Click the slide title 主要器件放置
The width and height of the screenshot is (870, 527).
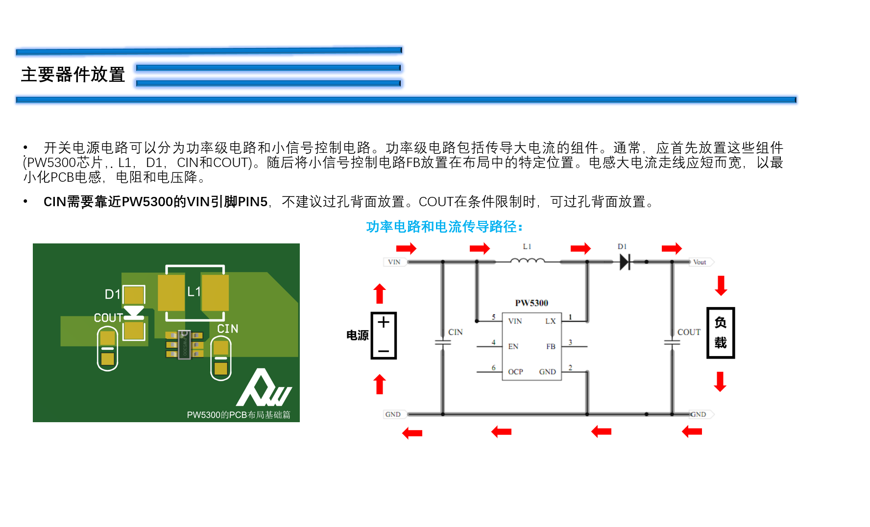coord(73,74)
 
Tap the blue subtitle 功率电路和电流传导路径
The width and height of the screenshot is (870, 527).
coord(444,227)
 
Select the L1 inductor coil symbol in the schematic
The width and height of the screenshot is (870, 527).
coord(527,261)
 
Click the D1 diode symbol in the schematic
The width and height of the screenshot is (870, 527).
coord(625,262)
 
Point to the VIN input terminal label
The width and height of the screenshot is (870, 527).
coord(394,262)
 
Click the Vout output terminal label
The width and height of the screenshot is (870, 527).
coord(700,262)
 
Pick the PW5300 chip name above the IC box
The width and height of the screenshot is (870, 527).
coord(532,303)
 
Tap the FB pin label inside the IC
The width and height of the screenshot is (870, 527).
coord(551,346)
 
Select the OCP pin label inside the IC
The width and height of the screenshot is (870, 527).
coord(515,372)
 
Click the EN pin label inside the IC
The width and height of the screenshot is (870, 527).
coord(513,346)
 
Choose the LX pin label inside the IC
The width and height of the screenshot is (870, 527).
coord(551,321)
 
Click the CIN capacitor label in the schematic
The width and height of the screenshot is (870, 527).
coord(455,332)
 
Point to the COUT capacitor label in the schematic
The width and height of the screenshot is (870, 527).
coord(689,332)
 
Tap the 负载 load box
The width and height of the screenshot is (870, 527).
coord(720,333)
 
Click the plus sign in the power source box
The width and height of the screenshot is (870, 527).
coord(384,322)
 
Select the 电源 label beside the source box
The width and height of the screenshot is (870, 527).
coord(357,335)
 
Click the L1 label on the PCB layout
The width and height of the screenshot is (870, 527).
coord(194,292)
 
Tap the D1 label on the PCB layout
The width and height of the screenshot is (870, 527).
coord(112,294)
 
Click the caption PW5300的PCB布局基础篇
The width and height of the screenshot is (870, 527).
coord(239,415)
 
